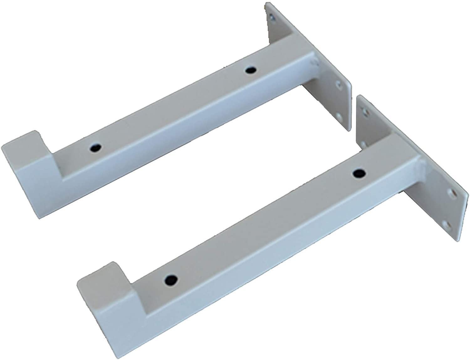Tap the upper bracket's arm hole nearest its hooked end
[96, 147]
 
